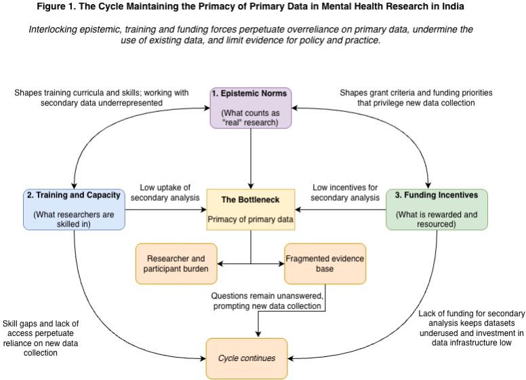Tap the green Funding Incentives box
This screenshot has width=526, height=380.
[x=437, y=209]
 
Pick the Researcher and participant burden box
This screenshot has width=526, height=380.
[x=176, y=263]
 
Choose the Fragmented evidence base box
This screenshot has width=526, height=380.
[x=325, y=263]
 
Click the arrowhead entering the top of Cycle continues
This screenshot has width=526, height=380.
[x=258, y=334]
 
